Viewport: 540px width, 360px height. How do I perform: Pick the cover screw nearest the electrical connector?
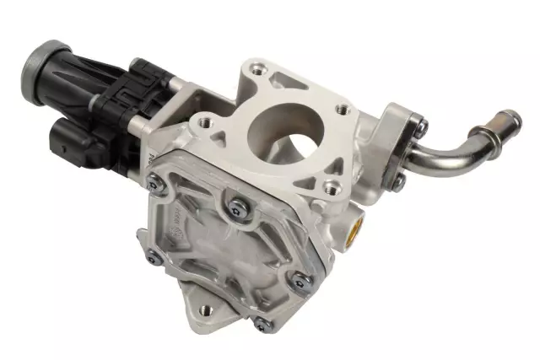154,180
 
